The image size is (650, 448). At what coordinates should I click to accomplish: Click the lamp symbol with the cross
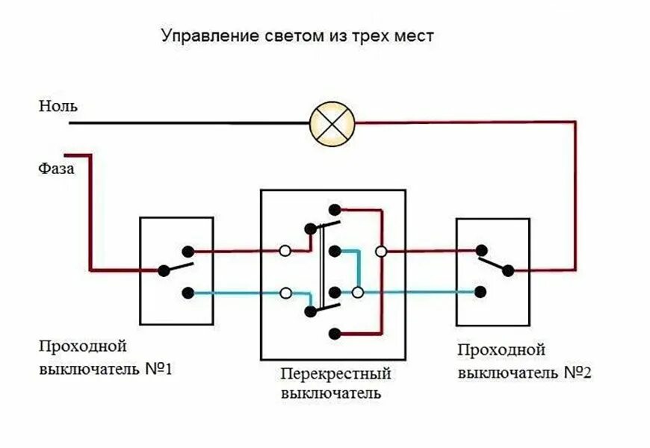[332, 122]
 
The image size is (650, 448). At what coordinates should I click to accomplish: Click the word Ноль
[58, 106]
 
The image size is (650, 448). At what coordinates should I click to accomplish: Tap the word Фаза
[57, 169]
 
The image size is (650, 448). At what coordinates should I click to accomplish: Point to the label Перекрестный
[336, 373]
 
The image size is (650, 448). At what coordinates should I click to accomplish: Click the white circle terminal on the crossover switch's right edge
[381, 252]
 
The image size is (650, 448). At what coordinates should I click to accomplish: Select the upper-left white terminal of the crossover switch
[285, 252]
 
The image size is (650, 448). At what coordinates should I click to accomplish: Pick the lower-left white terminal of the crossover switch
[285, 293]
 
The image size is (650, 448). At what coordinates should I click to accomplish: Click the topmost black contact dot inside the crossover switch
[335, 210]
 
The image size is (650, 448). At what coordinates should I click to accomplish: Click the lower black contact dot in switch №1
[189, 293]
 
